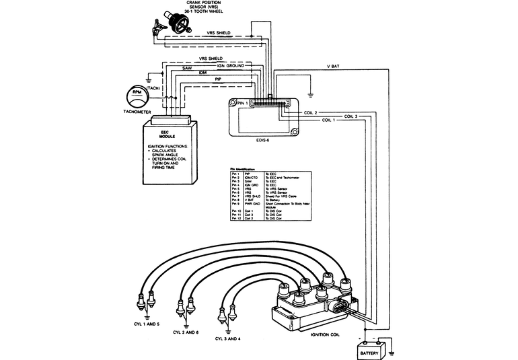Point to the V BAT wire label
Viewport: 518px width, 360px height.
click(x=332, y=67)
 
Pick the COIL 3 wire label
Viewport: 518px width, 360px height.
click(x=351, y=116)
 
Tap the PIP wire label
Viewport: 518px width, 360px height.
click(x=219, y=79)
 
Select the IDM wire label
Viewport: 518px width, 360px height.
click(x=202, y=73)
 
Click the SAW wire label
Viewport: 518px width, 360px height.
click(x=189, y=68)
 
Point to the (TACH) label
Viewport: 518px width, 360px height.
click(x=153, y=88)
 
